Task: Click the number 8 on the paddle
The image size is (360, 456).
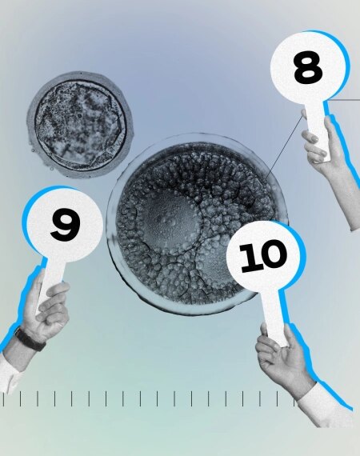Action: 308,67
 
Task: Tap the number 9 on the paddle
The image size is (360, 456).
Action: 65,225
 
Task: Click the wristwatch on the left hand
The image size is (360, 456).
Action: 30,339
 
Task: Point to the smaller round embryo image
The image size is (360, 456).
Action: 80,125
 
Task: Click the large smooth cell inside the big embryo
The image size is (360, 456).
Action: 169,222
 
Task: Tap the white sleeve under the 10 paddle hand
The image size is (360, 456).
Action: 326,405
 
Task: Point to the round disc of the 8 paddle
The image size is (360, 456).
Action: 308,67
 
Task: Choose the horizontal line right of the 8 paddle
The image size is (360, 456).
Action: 345,100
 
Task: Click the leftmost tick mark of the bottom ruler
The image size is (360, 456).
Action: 4,398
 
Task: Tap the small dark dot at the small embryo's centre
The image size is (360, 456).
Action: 80,116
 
